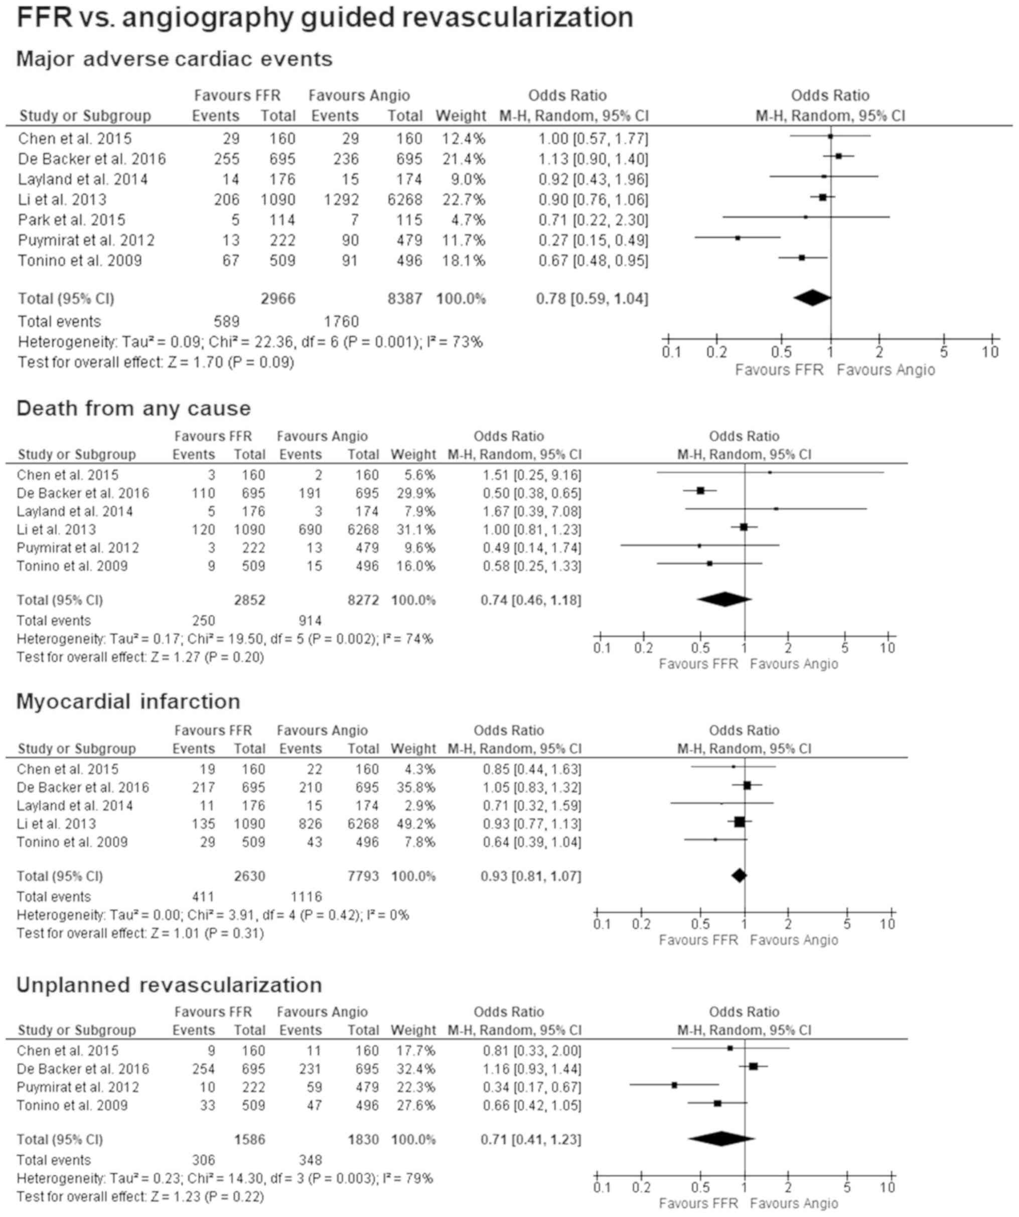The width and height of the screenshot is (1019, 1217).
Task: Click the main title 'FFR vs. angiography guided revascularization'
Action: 325,18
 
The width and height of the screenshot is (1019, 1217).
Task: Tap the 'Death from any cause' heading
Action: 133,409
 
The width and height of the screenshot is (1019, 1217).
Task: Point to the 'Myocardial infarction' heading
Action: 128,702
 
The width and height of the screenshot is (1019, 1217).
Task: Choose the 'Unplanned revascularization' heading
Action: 169,985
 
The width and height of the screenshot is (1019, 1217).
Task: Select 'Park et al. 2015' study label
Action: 72,220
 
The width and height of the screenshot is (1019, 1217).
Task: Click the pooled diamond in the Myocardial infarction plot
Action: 739,876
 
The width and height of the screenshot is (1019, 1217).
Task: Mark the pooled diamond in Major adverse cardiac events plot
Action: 812,298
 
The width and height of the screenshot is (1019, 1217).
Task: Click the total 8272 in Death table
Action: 363,600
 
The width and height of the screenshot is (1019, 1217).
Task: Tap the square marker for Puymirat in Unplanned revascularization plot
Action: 674,1085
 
